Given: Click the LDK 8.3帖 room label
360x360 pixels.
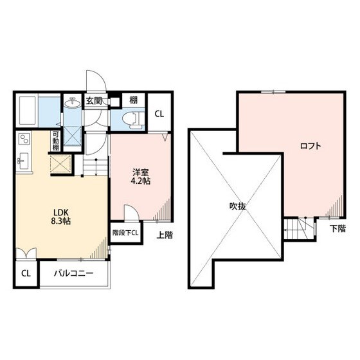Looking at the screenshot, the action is (60, 216).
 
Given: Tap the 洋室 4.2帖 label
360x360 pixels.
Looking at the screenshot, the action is (140, 177).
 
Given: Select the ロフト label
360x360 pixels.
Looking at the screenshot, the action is (310, 146).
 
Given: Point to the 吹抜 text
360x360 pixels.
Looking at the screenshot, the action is (238, 206).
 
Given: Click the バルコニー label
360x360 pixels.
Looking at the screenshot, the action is (74, 273).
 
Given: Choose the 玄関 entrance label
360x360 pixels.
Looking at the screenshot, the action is (94, 100).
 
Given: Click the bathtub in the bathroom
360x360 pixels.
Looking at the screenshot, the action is (28, 111).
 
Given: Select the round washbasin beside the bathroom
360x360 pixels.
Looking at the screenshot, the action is (73, 102).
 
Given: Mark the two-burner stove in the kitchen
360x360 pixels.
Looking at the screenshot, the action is (24, 139).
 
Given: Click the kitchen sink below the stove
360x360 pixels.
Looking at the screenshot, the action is (23, 161).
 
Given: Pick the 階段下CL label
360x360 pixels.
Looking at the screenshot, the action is (125, 233).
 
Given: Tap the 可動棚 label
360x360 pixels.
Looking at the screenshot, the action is (55, 141).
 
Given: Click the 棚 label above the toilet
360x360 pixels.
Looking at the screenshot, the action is (134, 100).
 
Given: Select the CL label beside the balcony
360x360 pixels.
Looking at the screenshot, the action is (26, 273).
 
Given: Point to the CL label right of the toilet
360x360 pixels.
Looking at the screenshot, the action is (159, 114).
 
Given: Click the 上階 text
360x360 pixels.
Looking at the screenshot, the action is (165, 235).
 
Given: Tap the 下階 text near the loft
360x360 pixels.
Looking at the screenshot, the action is (337, 229).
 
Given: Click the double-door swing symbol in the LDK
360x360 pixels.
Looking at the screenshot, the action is (26, 253).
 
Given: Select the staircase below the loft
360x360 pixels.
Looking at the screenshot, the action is (298, 228).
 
